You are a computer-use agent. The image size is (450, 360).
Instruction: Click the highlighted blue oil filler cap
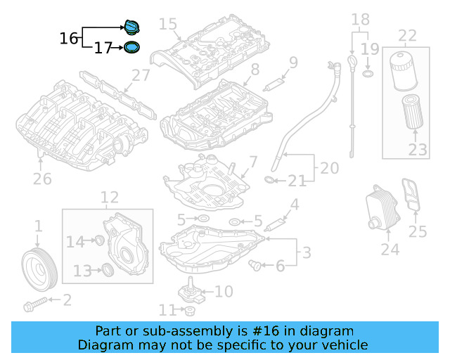pyautogui.click(x=131, y=27)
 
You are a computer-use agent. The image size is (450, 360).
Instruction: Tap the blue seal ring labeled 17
pyautogui.click(x=131, y=48)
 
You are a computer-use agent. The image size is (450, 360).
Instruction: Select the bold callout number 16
pyautogui.click(x=69, y=38)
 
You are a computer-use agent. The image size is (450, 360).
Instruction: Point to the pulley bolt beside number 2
pyautogui.click(x=35, y=305)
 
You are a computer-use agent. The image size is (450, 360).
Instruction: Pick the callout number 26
pyautogui.click(x=42, y=179)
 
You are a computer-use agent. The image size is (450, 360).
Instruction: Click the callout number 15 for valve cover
pyautogui.click(x=168, y=24)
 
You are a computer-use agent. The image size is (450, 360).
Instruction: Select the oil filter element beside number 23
pyautogui.click(x=412, y=112)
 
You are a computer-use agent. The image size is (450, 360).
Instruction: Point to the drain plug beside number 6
pyautogui.click(x=258, y=265)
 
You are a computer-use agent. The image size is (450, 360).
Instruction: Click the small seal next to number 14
pyautogui.click(x=99, y=242)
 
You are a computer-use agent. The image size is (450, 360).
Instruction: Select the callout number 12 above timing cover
pyautogui.click(x=109, y=198)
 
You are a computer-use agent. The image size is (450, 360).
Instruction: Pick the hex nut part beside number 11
pyautogui.click(x=189, y=310)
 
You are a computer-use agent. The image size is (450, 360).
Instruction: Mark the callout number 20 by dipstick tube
pyautogui.click(x=329, y=169)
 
